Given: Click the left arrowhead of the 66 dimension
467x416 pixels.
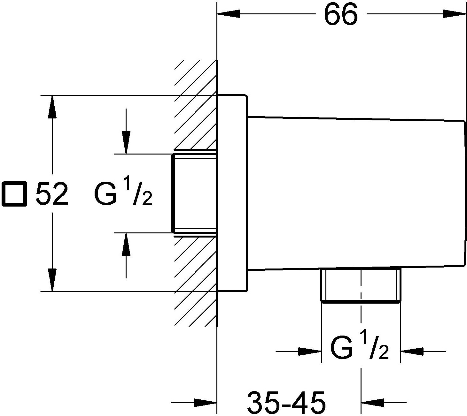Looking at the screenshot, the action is [x=228, y=14].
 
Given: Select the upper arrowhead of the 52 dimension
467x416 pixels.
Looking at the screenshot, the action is [x=52, y=107].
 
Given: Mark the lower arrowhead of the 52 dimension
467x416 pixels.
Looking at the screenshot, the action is [x=52, y=280].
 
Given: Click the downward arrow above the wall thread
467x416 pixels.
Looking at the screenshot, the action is [x=126, y=131].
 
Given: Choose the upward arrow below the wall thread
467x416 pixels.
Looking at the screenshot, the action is [x=126, y=255].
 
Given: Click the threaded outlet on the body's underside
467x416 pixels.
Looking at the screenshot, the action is [x=361, y=285].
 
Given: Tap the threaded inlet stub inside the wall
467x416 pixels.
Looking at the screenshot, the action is [x=194, y=193].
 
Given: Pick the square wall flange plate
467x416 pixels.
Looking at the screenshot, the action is [x=232, y=193].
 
